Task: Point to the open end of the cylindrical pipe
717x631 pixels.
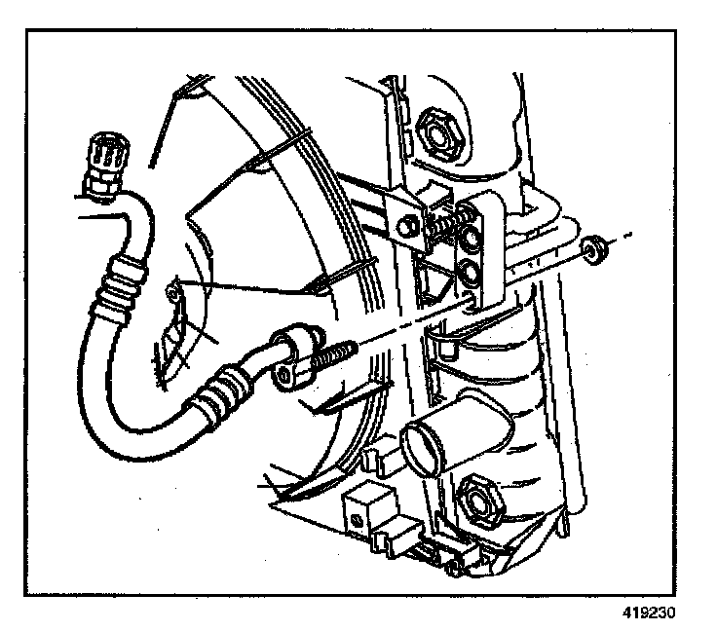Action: pyautogui.click(x=426, y=451)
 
